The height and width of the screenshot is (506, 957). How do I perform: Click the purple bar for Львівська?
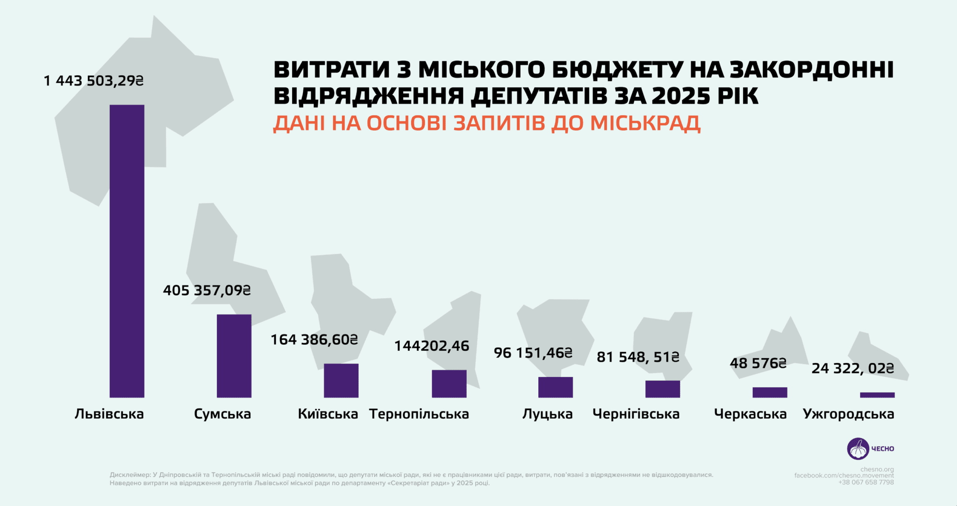pos(127,251)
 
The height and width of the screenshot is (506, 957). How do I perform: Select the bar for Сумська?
pos(234,356)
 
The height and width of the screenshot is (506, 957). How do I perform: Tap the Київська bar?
pos(341,380)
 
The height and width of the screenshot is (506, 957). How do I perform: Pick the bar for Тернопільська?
pos(449,384)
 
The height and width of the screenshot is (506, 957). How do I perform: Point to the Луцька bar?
pos(555,387)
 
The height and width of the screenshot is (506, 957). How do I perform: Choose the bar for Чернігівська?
pos(663,389)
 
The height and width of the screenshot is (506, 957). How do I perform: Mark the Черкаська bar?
pos(770,392)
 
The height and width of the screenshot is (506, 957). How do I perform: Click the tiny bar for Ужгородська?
pos(877,395)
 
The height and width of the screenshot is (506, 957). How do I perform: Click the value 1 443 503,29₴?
pos(93,81)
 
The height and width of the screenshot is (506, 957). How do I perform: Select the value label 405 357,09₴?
pos(207,291)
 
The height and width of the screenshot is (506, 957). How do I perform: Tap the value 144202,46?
pos(431,346)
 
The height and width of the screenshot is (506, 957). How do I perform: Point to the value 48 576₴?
pos(758,363)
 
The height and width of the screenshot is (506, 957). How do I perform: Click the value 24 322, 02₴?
pos(852,368)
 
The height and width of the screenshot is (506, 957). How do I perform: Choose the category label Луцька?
pos(547,414)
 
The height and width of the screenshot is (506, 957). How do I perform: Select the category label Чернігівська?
pos(636,414)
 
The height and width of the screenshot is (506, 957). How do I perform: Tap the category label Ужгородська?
pos(848,414)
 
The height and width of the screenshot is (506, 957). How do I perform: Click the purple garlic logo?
pos(858,449)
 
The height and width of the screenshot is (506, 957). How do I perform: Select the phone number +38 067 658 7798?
pos(866,482)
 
